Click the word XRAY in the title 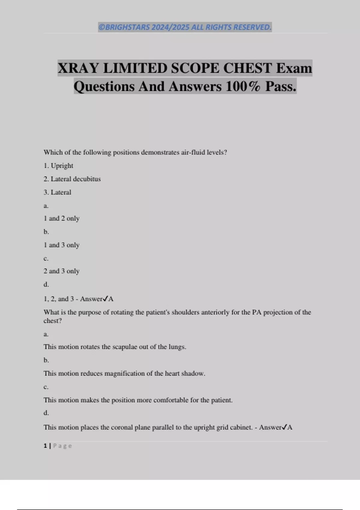click(x=78, y=68)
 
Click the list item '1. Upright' click(x=58, y=166)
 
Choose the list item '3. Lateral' click(x=58, y=192)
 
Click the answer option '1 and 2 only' click(x=61, y=218)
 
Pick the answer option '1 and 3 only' click(x=61, y=245)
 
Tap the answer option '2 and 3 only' click(x=61, y=271)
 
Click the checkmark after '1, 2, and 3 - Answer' click(x=105, y=299)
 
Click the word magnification click(x=124, y=373)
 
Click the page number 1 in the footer click(x=45, y=446)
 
